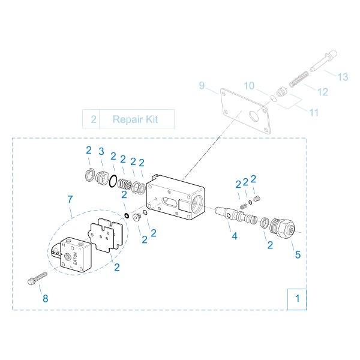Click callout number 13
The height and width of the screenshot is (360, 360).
point(343,77)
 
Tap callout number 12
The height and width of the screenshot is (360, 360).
point(323,92)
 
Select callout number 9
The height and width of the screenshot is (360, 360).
point(202,85)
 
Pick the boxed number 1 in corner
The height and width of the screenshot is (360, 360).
point(297,298)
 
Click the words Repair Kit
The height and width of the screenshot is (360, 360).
point(136,119)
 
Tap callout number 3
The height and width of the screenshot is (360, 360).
point(102,150)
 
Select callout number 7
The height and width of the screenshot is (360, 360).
point(70,199)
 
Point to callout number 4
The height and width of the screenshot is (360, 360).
point(235,236)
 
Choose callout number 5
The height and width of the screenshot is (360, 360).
point(297,254)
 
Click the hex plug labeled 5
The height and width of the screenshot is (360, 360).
point(281,227)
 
